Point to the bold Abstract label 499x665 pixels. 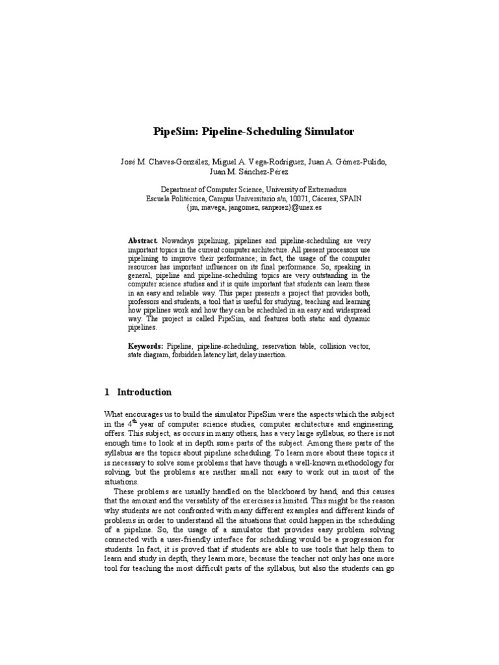pos(143,241)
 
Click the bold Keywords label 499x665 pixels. pos(146,347)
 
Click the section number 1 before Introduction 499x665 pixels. pos(107,392)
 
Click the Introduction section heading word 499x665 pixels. pos(144,392)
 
